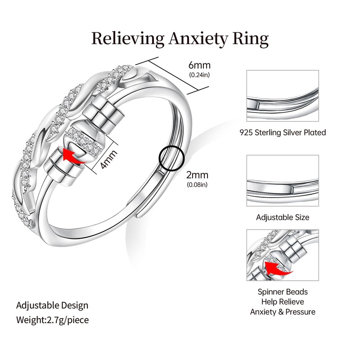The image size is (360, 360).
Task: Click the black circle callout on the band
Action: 172,158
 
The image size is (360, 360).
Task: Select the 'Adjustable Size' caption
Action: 283,217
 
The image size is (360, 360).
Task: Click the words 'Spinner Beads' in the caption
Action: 283,292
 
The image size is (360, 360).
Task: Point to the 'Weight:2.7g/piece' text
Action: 52,320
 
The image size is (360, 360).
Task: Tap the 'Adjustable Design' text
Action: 52,305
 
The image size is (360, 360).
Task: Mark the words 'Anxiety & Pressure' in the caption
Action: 283,312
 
